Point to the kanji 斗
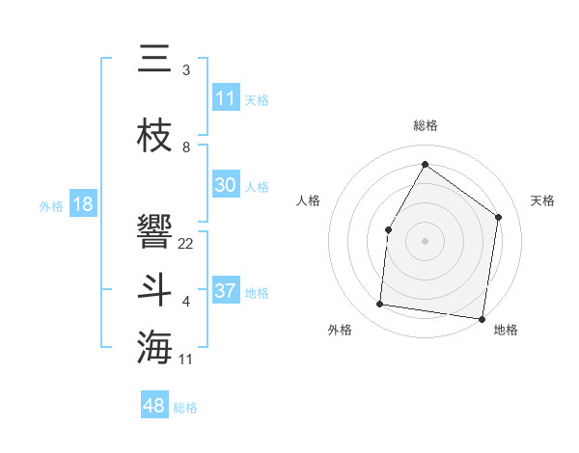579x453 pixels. click(x=154, y=290)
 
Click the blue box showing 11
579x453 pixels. click(x=226, y=98)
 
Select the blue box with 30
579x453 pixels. click(x=226, y=185)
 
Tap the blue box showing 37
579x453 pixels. click(x=226, y=291)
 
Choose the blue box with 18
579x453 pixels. click(x=82, y=204)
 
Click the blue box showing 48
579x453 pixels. click(x=154, y=406)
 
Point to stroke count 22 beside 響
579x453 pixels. click(x=186, y=243)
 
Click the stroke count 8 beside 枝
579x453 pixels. click(x=186, y=147)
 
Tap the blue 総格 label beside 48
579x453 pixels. click(x=185, y=408)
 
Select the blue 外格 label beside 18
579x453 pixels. click(x=51, y=205)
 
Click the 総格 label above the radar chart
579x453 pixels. click(x=426, y=125)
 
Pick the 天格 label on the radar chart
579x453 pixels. click(x=542, y=200)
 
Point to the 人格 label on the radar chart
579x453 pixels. click(x=309, y=200)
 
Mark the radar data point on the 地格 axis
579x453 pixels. click(x=482, y=318)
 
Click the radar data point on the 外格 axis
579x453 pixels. click(x=380, y=305)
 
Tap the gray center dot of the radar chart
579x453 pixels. click(x=425, y=240)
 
